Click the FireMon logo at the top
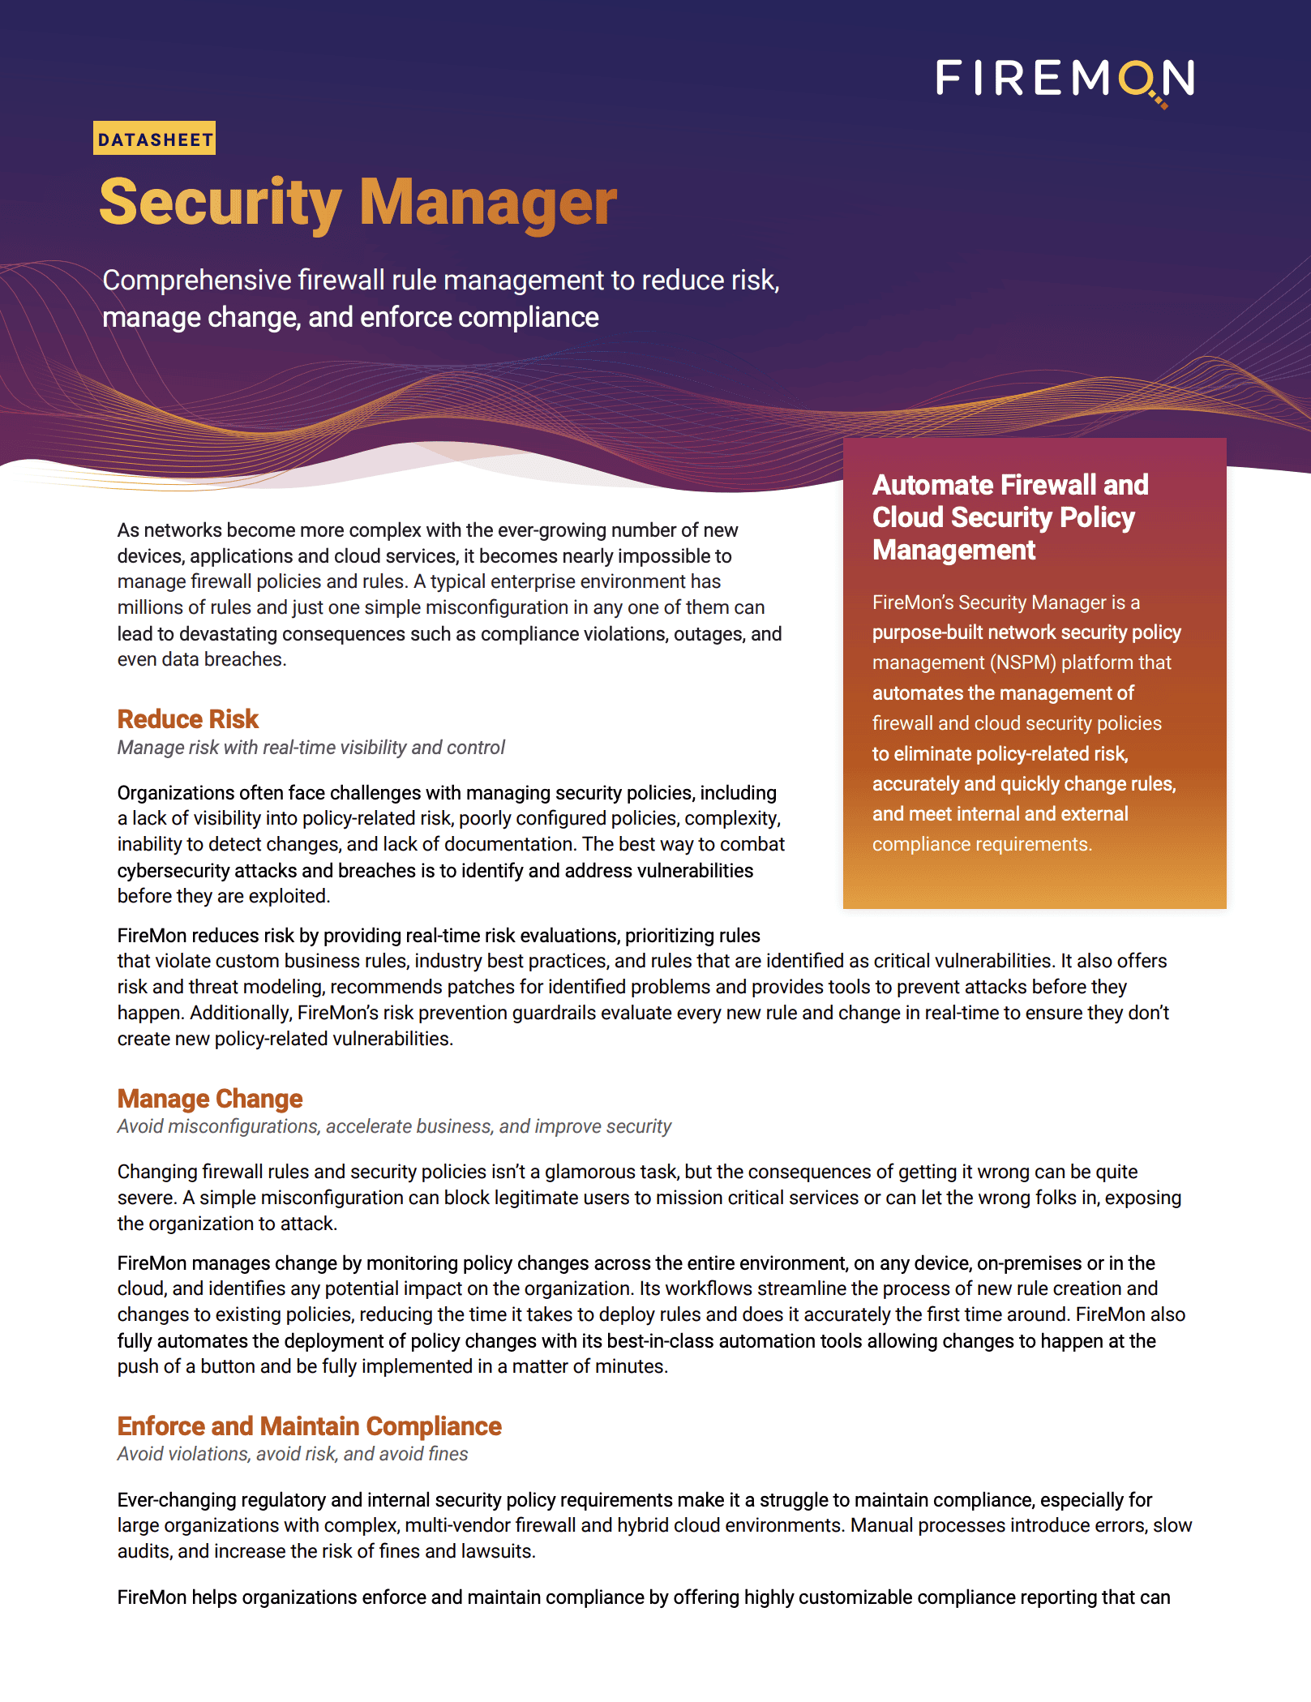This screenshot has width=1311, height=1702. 1065,79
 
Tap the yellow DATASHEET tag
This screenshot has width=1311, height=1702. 155,139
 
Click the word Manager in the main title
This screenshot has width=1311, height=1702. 487,203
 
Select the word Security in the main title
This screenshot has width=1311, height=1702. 221,203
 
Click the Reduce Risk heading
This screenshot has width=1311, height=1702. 187,719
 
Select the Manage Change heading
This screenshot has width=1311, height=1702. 209,1099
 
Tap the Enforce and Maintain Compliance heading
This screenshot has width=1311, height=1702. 309,1426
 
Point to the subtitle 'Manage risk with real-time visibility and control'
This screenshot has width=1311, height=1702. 311,748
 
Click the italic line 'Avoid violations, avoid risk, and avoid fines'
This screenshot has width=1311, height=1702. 292,1455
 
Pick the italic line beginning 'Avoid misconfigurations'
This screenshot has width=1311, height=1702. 394,1127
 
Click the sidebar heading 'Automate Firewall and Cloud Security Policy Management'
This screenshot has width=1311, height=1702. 1009,517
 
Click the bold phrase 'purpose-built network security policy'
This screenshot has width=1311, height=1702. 1026,632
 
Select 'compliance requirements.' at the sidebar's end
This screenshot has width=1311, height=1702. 982,845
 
